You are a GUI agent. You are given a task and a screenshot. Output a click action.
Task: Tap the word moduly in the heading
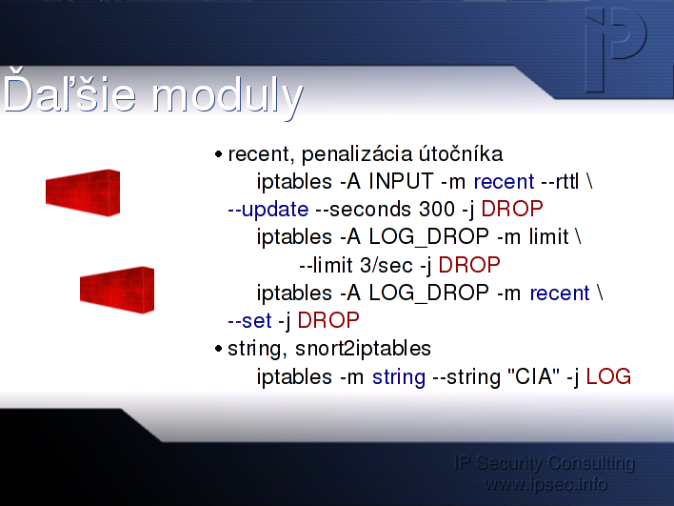click(228, 97)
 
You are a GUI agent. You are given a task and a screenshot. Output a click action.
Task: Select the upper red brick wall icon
click(83, 192)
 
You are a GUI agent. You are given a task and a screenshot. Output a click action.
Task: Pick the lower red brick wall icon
click(117, 290)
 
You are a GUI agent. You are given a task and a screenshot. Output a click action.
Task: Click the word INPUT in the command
click(401, 181)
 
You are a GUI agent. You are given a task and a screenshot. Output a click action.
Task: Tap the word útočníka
click(461, 153)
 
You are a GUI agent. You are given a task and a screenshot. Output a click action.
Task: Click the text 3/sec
click(386, 265)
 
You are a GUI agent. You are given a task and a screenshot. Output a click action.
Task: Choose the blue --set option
click(249, 321)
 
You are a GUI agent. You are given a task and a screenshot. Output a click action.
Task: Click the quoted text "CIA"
click(533, 376)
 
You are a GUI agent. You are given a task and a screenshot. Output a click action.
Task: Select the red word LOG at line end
click(608, 376)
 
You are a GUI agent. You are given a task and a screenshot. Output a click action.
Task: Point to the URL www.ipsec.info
click(545, 484)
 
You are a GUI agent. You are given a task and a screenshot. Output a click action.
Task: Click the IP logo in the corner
click(616, 50)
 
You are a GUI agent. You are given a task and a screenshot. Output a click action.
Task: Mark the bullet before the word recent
click(218, 154)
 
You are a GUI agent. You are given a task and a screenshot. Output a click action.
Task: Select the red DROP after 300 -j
click(512, 209)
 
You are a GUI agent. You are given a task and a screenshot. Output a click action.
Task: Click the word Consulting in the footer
click(591, 463)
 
